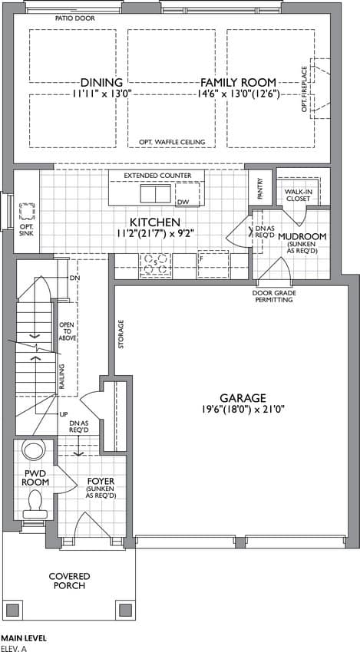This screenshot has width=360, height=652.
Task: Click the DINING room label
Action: click(101, 82)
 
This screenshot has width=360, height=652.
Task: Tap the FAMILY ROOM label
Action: click(239, 82)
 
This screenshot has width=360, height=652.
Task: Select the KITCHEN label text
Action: click(155, 222)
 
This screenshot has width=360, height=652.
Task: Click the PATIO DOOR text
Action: click(75, 18)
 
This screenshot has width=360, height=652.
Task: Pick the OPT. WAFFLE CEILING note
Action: click(172, 142)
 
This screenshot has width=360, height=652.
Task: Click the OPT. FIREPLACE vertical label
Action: click(304, 90)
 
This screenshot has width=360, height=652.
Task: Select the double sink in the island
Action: click(155, 194)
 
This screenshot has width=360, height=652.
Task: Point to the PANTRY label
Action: click(260, 189)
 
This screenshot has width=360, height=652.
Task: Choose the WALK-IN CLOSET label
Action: click(297, 196)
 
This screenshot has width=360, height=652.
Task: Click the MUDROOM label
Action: click(302, 236)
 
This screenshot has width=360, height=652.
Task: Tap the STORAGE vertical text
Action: click(121, 334)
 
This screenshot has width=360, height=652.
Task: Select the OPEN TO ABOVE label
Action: click(68, 331)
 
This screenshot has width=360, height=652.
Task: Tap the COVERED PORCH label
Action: click(69, 581)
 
